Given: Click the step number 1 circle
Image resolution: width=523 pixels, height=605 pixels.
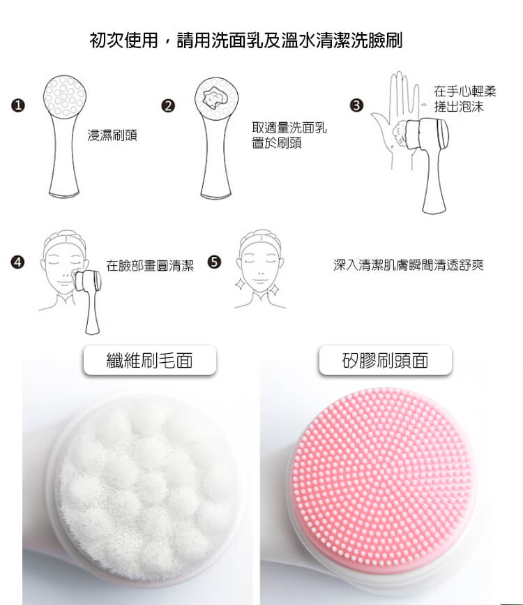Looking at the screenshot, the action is (17, 105).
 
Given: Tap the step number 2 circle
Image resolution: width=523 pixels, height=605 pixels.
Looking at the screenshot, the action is (168, 106).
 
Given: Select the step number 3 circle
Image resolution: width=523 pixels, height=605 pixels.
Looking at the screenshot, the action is (356, 105).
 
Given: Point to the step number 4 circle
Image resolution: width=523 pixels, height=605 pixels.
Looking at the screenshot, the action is (17, 262).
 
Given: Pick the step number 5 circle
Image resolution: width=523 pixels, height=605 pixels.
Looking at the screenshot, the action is (214, 262).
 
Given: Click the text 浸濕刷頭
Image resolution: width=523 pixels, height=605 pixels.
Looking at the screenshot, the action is (112, 135).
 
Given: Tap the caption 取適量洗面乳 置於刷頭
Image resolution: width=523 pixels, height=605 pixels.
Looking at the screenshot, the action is (289, 135).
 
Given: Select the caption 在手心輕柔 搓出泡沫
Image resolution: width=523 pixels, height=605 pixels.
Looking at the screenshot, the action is (464, 99).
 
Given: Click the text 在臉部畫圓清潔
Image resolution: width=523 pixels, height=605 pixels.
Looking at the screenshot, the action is (150, 265).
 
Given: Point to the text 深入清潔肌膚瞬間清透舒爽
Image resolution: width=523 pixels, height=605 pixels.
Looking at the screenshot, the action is (409, 265).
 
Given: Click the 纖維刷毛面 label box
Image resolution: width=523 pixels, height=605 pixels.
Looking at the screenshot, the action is (150, 360).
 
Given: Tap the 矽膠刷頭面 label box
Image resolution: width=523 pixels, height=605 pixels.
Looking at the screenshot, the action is (386, 360).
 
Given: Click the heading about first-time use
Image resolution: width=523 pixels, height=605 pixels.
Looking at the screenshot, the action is (246, 40).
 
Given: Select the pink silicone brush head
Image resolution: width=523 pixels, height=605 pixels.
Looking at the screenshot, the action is (382, 477).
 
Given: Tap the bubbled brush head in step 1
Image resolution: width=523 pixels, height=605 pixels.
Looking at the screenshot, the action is (64, 96).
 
